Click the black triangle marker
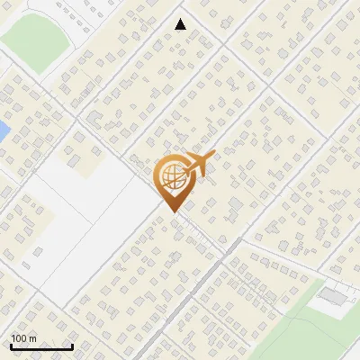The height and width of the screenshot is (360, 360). tap(181, 24)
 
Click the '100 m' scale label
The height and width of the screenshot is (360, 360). tap(23, 338)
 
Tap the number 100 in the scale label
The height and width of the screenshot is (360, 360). tap(19, 338)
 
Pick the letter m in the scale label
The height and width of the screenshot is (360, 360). tap(31, 338)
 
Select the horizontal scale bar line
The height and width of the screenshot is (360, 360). tap(41, 347)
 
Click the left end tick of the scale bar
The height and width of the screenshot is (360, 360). tap(11, 346)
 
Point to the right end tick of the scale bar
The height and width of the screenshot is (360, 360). tap(72, 346)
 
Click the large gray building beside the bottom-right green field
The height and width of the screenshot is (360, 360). tap(333, 295)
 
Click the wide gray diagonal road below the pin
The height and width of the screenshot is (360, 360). tap(193, 288)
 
